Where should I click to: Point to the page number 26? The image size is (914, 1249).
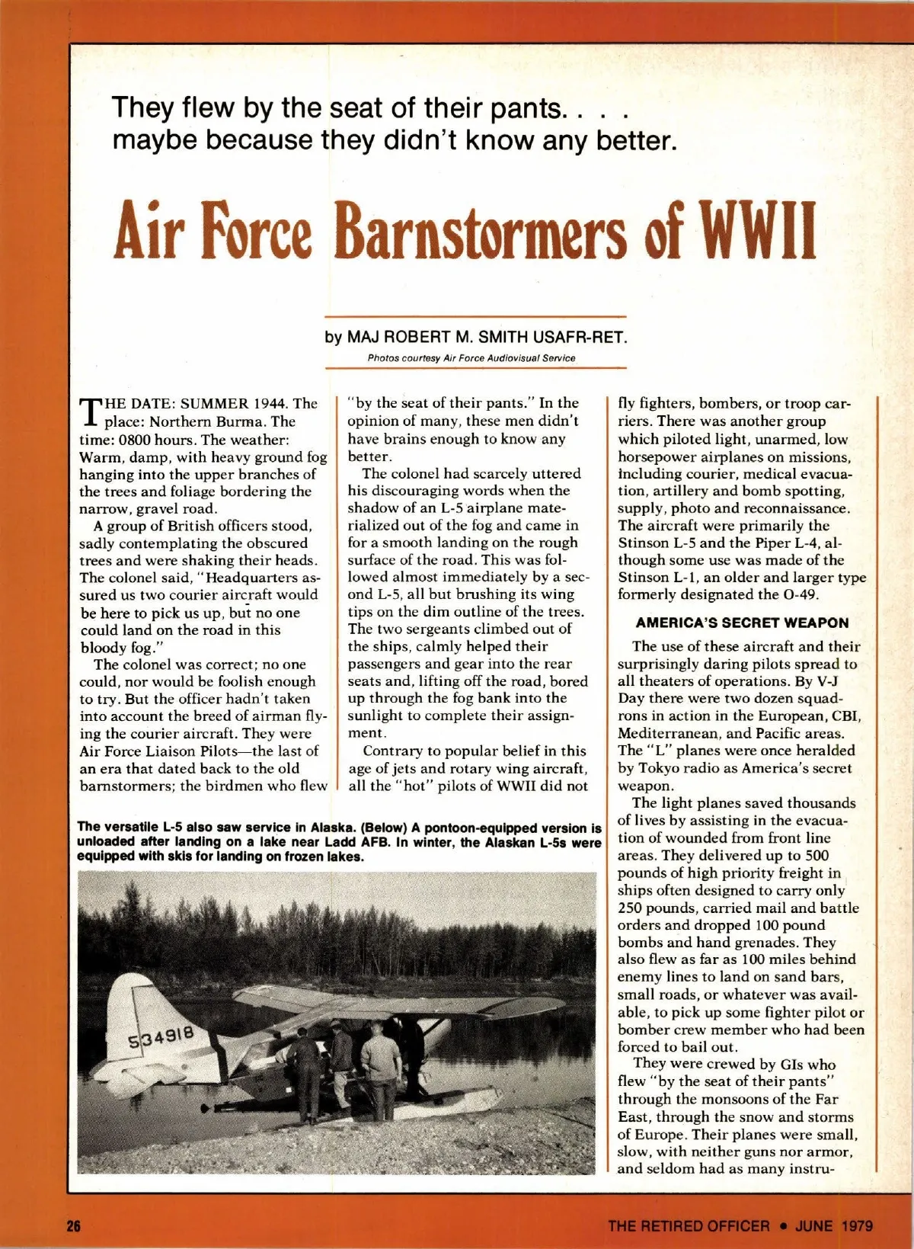[74, 1226]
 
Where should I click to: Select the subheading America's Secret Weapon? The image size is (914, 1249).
[742, 623]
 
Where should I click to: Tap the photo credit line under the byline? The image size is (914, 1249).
[471, 357]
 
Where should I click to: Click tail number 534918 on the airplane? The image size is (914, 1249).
[161, 1037]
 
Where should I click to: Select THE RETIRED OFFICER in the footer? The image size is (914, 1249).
[689, 1226]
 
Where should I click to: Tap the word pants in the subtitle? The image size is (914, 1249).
[523, 107]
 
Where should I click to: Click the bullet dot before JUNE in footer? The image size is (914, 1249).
[782, 1226]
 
